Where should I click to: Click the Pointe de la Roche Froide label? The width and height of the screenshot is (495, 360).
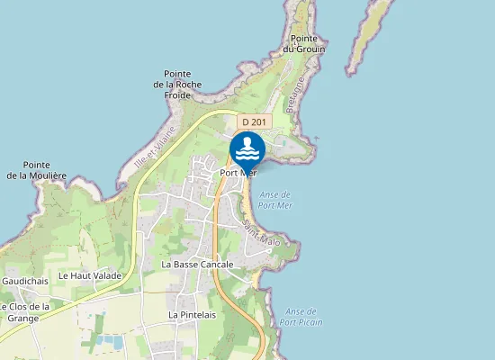coord(183,84)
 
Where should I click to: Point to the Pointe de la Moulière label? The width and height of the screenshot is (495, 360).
coord(49,170)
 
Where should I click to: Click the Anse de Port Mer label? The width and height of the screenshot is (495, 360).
coord(274,199)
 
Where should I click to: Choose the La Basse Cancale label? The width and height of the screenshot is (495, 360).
coord(197,265)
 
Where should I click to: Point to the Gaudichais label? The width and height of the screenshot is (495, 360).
coord(24,281)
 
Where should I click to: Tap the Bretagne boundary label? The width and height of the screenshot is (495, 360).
coord(295,94)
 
